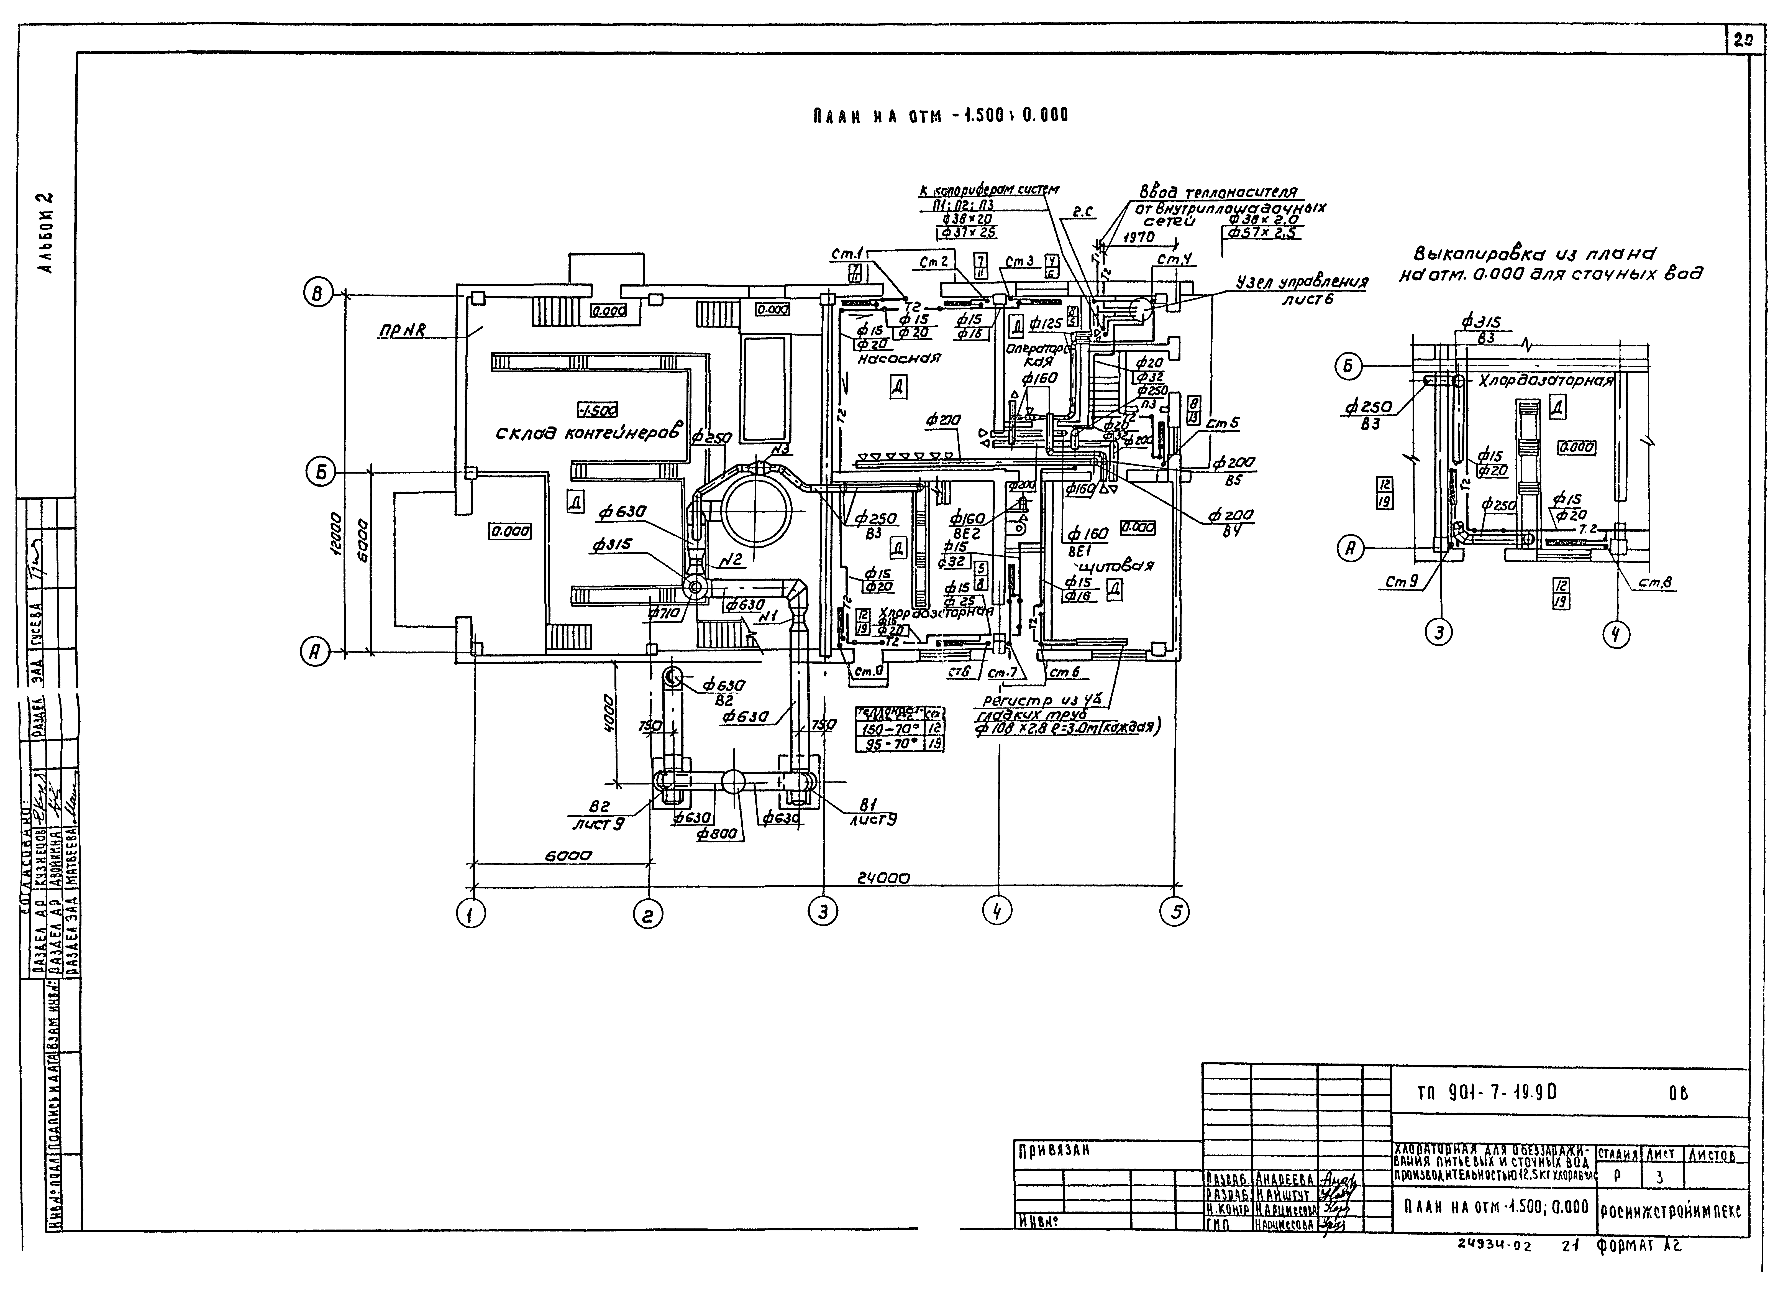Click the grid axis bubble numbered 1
[472, 913]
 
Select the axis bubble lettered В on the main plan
[317, 295]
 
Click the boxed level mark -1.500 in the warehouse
[597, 410]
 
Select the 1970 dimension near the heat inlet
[1138, 237]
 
